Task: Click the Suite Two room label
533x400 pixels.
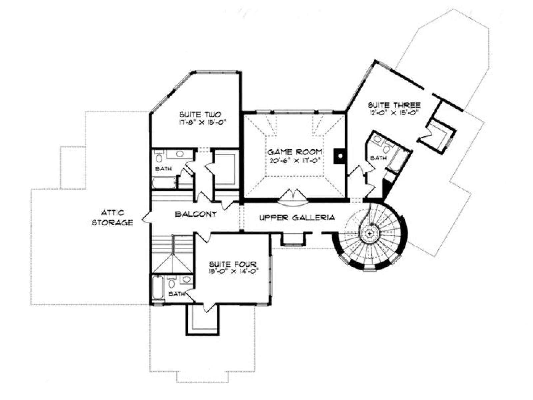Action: [x=200, y=114]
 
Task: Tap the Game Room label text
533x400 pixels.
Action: [x=295, y=152]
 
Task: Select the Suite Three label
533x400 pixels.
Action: [x=394, y=105]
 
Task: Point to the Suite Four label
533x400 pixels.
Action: [x=233, y=264]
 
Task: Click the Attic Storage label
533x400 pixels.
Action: [x=112, y=218]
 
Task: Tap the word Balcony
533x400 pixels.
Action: [x=196, y=214]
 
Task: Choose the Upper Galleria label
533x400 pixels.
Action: [x=297, y=218]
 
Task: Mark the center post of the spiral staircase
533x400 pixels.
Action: [x=369, y=234]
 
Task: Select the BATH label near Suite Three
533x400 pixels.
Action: [x=378, y=158]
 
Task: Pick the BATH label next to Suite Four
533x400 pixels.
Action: [x=176, y=294]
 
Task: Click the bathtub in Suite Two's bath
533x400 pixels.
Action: [x=164, y=183]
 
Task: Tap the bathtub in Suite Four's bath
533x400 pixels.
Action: [x=158, y=288]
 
